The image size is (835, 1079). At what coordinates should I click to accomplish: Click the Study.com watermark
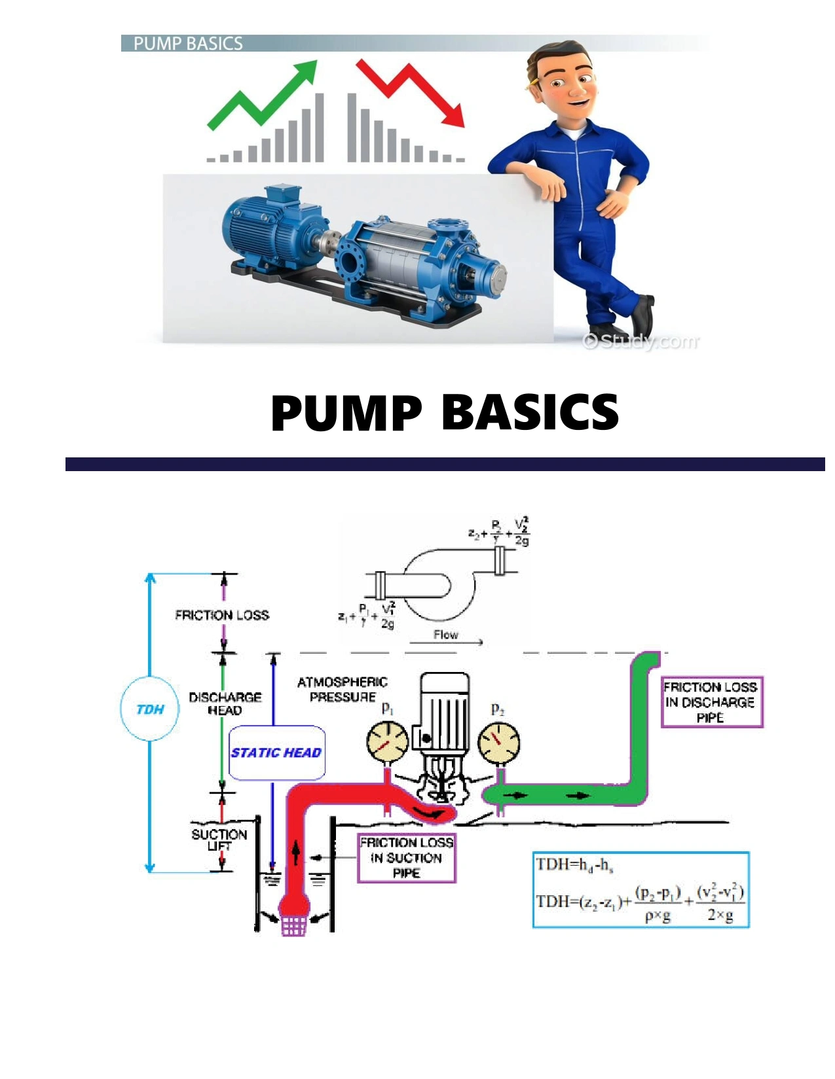[x=641, y=341]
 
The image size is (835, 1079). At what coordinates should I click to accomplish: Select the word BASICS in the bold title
[x=530, y=412]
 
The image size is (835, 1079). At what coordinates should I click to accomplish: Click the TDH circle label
[x=150, y=709]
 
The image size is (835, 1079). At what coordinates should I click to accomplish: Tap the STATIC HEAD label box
[x=276, y=753]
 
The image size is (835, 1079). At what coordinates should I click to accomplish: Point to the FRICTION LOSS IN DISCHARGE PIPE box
[x=711, y=702]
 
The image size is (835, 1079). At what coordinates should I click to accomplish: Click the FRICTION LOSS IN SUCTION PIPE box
[x=406, y=858]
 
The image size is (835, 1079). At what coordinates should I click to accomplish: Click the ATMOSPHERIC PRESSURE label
[x=343, y=690]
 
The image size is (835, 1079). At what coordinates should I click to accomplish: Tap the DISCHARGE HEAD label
[x=225, y=703]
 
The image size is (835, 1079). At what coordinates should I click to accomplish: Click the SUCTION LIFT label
[x=219, y=840]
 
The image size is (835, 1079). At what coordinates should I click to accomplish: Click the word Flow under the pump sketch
[x=445, y=635]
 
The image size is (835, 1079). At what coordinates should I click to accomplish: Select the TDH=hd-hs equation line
[x=575, y=865]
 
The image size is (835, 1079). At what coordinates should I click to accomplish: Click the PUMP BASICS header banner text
[x=188, y=44]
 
